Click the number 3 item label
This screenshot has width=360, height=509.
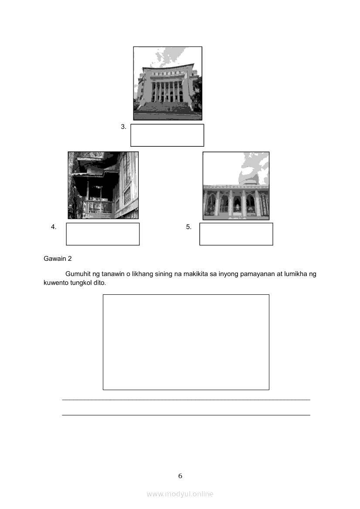[x=123, y=127]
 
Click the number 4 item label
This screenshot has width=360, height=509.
[x=54, y=227]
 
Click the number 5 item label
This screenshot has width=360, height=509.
[x=189, y=227]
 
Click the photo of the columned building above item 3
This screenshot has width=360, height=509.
[x=168, y=84]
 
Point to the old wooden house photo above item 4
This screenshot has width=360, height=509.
[x=103, y=185]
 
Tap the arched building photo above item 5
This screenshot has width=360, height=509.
[x=236, y=185]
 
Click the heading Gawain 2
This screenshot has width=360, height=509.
[x=58, y=259]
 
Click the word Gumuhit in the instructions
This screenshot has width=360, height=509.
[x=78, y=274]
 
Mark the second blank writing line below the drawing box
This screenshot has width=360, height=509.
[x=186, y=415]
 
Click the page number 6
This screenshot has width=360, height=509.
[x=180, y=476]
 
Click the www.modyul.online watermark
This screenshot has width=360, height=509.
[x=180, y=494]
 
